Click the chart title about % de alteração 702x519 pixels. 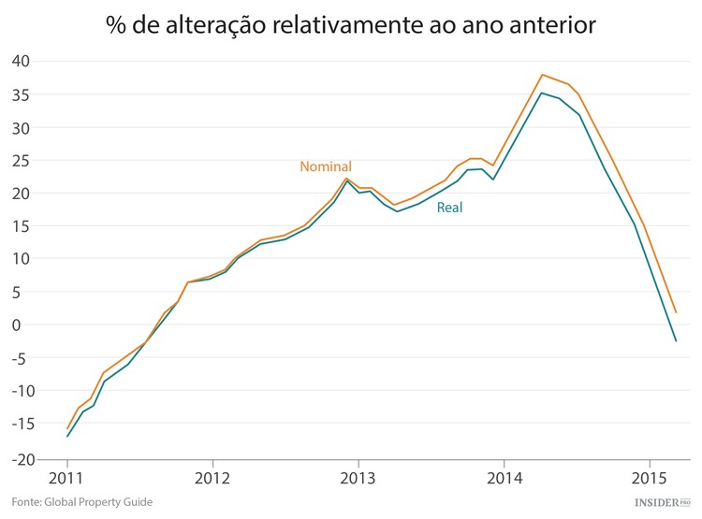tap(351, 25)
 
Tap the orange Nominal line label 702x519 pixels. tap(326, 166)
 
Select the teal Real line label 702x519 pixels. tap(450, 208)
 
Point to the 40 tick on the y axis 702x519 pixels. tap(22, 62)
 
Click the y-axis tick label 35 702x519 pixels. tap(22, 94)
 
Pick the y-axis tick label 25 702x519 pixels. tap(22, 160)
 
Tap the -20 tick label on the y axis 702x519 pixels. tap(19, 459)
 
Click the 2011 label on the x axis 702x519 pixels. tap(67, 478)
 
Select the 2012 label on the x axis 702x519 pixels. tap(212, 478)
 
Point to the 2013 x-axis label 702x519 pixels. tap(358, 478)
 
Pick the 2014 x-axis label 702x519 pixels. tap(504, 478)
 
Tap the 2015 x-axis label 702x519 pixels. tap(649, 478)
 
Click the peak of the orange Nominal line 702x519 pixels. tap(542, 75)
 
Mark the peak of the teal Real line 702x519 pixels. tap(542, 93)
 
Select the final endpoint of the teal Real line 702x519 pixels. tap(676, 340)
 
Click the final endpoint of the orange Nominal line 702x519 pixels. tap(676, 312)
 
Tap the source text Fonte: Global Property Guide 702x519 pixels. tap(81, 503)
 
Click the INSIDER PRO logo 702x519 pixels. tap(662, 503)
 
